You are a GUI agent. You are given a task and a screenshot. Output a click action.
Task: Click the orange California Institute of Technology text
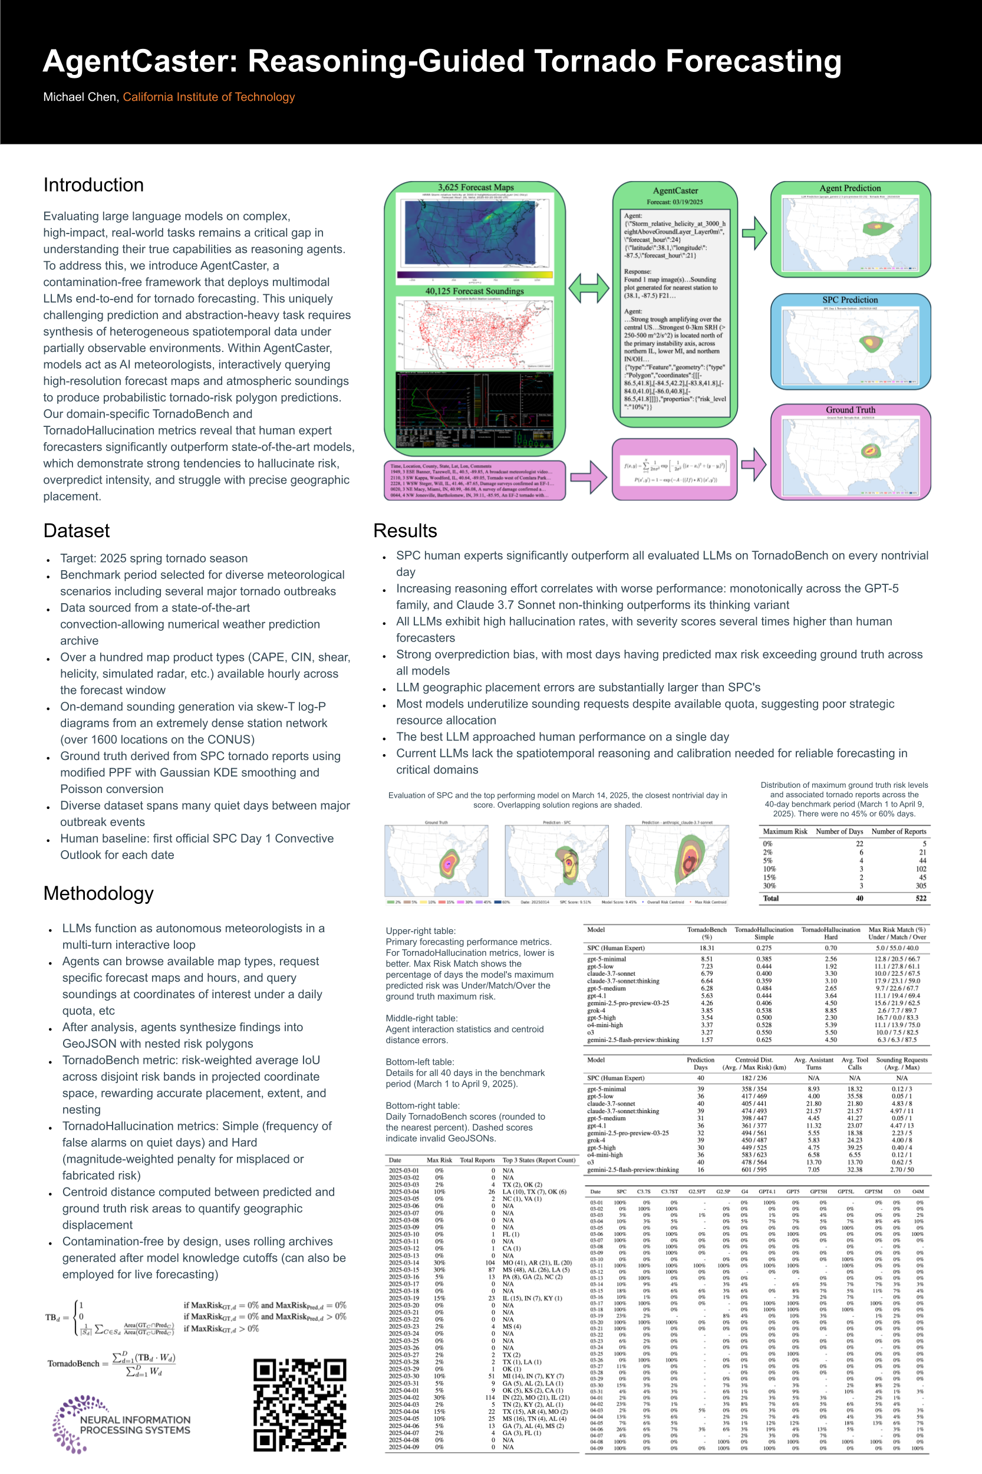tap(209, 97)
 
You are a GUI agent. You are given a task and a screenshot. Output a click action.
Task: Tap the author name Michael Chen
tap(80, 97)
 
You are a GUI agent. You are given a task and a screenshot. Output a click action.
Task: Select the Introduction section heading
tap(93, 185)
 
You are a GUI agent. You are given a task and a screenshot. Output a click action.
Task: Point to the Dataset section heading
tap(77, 531)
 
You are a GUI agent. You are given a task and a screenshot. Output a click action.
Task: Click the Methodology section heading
tap(98, 893)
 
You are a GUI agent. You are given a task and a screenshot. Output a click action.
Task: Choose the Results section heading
tap(405, 531)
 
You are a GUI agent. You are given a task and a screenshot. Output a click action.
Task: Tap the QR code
tap(299, 1404)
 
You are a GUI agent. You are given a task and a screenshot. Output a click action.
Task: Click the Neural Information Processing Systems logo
tap(122, 1424)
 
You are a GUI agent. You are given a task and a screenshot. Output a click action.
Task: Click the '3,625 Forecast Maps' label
tap(475, 187)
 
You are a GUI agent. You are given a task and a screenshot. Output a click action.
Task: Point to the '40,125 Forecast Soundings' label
tap(474, 291)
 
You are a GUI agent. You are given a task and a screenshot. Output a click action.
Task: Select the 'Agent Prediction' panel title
tap(850, 188)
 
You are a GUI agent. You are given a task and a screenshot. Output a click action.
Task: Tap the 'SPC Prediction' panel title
tap(850, 300)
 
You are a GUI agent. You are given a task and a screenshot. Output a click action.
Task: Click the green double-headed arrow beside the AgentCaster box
tap(589, 288)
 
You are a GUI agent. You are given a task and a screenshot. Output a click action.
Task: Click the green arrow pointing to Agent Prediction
tap(754, 233)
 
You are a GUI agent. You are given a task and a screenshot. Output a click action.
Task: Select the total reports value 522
tap(921, 899)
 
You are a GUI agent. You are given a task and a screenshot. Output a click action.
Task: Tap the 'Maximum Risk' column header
tap(785, 831)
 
